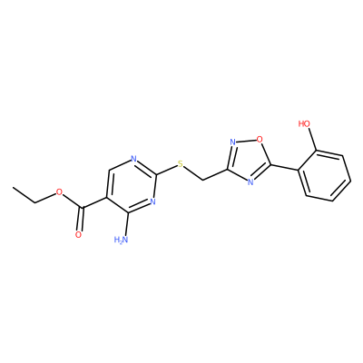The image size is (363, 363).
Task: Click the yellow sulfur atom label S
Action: [181, 164]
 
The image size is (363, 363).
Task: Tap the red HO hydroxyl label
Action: [304, 123]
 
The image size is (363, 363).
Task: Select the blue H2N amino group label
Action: [122, 240]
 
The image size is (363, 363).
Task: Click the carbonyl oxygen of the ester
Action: [78, 235]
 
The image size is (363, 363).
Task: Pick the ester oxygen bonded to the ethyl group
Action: [59, 191]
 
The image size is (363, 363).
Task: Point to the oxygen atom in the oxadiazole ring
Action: [260, 139]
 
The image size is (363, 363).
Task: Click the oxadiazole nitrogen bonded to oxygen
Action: [232, 142]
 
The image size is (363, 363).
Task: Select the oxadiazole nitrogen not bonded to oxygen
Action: [250, 181]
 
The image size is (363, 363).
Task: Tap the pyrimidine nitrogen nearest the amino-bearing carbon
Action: [152, 201]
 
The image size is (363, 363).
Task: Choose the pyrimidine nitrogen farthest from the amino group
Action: [134, 159]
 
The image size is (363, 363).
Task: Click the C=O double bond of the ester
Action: [80, 219]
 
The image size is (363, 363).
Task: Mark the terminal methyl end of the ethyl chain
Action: [14, 188]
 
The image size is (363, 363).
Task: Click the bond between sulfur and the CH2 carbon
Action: [193, 173]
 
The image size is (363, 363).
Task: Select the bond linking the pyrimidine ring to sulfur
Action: [166, 170]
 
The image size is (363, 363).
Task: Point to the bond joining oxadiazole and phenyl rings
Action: [284, 168]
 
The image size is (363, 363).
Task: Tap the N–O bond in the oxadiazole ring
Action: [246, 141]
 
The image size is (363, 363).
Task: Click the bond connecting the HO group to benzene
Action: [312, 139]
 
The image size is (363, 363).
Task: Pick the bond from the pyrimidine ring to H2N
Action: [126, 224]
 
